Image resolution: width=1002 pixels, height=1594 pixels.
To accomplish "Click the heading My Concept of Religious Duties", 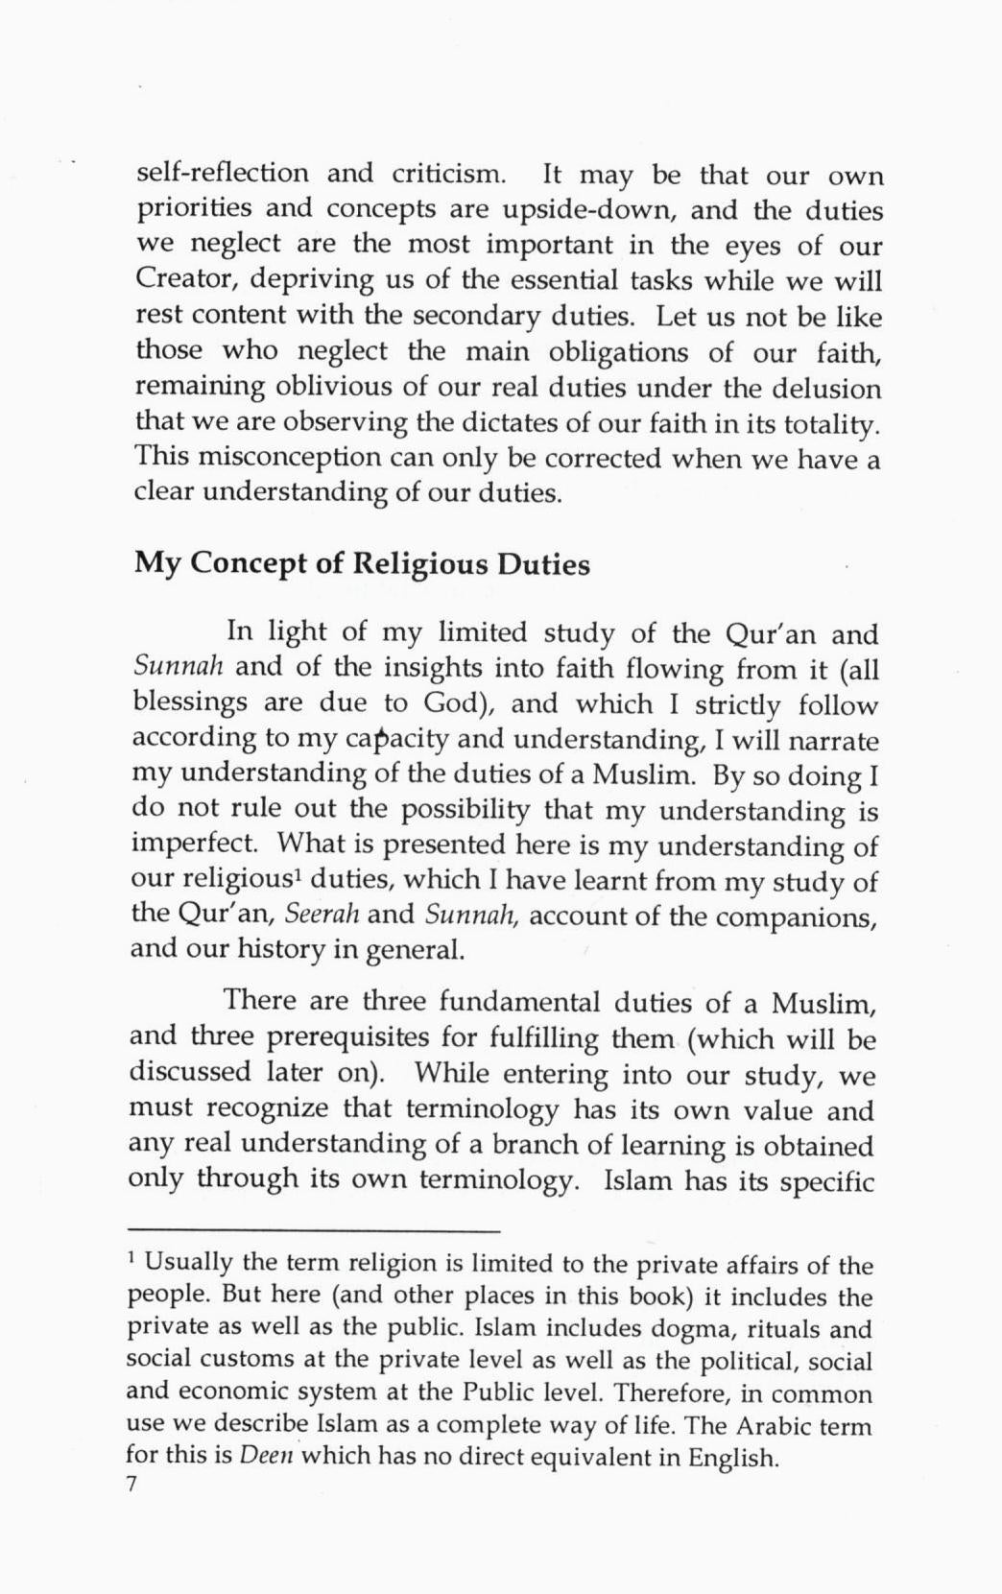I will (362, 563).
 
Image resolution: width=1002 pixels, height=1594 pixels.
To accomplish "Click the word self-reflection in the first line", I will (222, 174).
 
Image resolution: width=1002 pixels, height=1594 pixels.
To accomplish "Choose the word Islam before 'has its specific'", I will (637, 1179).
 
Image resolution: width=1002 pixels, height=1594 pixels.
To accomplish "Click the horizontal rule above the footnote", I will (315, 1231).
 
